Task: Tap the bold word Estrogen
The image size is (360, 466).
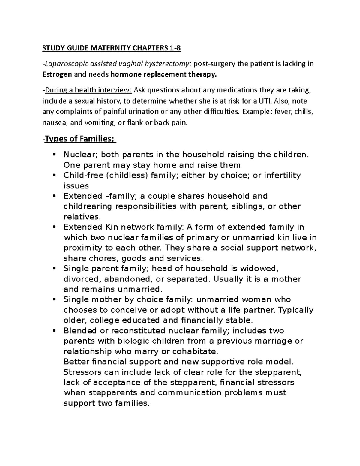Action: point(57,74)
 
